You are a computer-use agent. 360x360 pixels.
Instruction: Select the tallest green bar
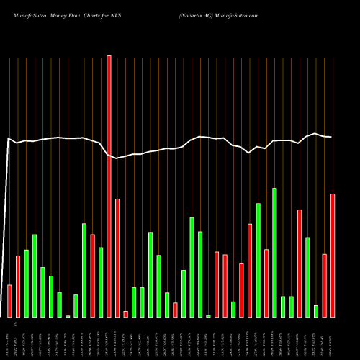coord(274,252)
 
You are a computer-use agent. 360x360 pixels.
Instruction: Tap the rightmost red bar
coord(333,255)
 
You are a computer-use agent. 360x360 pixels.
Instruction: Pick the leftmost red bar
coord(9,301)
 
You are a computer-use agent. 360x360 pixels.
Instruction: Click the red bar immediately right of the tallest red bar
coord(117,258)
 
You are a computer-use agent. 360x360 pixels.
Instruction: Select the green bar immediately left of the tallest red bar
coord(101,282)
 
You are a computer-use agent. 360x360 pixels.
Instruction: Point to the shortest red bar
coord(125,314)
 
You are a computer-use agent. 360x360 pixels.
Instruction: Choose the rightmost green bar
coord(316,311)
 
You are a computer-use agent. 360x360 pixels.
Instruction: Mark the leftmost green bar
coord(26,283)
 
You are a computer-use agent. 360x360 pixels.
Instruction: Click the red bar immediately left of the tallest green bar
coord(266,283)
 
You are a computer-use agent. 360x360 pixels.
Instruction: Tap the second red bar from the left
coord(18,286)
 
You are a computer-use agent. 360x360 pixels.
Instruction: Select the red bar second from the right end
coord(325,285)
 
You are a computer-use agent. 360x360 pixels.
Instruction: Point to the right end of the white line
coord(332,137)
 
